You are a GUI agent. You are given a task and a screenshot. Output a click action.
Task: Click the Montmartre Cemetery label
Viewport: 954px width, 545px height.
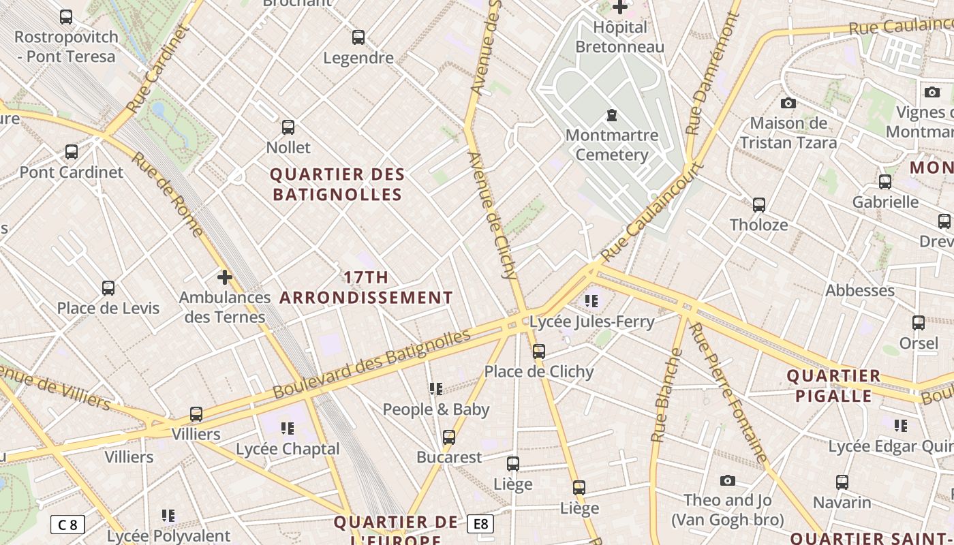click(x=611, y=145)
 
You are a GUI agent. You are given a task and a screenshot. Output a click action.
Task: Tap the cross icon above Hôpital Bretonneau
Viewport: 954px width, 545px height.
click(x=619, y=7)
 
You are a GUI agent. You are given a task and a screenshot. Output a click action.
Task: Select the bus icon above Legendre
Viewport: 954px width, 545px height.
click(x=358, y=37)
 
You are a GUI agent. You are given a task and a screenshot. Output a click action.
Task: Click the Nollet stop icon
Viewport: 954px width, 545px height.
click(x=288, y=127)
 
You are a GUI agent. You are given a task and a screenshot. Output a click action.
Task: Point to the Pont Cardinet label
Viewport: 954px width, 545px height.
click(x=72, y=172)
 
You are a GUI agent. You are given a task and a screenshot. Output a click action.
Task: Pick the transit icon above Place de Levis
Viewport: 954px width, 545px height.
click(x=108, y=288)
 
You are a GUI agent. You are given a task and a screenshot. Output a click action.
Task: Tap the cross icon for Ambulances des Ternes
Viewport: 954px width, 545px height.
click(x=224, y=277)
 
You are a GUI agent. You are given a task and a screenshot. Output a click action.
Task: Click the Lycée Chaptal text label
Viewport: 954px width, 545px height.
click(x=288, y=449)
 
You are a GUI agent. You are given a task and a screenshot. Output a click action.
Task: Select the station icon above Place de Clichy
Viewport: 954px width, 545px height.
click(x=539, y=352)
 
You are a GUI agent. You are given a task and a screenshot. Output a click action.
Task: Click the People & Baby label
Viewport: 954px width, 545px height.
click(x=436, y=409)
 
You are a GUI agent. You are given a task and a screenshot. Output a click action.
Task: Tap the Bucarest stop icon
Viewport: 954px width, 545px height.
click(x=449, y=437)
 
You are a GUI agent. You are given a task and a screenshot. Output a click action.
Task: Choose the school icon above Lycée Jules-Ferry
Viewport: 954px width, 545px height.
click(x=591, y=300)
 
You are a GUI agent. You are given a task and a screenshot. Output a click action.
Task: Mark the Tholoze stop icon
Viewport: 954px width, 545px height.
click(x=758, y=205)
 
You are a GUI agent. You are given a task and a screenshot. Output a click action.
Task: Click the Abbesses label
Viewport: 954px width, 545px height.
click(x=860, y=291)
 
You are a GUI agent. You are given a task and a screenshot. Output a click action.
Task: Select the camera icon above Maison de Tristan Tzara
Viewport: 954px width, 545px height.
click(x=788, y=104)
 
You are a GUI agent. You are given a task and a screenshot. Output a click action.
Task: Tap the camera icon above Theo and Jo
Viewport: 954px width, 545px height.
click(x=728, y=481)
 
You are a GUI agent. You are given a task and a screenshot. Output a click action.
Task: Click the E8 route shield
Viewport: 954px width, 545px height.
click(x=480, y=524)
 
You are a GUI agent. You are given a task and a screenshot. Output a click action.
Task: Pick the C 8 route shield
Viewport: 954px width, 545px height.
click(x=67, y=525)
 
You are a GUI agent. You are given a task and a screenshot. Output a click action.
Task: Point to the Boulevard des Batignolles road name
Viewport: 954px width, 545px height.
click(x=372, y=365)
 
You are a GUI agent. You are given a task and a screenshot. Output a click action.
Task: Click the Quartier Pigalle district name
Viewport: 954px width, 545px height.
click(x=833, y=386)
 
